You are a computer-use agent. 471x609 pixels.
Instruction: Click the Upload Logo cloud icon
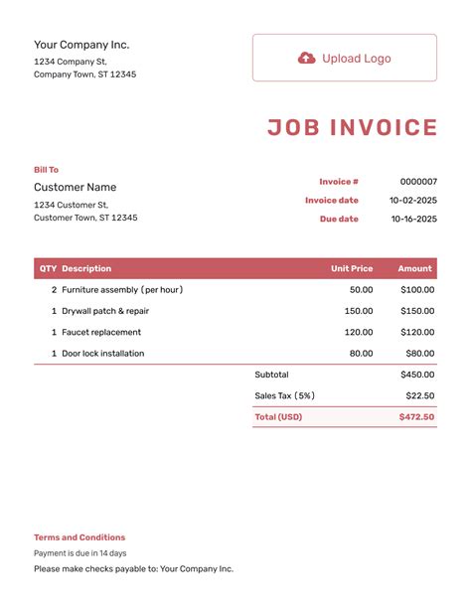pos(306,58)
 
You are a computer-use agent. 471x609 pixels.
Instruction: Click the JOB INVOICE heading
pos(352,128)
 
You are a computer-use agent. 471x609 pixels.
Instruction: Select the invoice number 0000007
pos(418,182)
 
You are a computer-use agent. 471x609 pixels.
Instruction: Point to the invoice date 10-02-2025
pos(412,201)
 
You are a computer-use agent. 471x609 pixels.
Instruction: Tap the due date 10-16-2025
pos(412,219)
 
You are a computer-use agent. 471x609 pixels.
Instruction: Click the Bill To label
pos(46,170)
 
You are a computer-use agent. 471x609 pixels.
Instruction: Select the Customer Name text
pos(75,187)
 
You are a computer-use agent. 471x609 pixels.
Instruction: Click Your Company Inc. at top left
pos(81,45)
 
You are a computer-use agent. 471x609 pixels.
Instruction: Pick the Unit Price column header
pos(352,268)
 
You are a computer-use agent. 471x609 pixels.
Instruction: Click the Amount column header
pos(415,268)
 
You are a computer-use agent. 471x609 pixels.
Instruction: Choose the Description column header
pos(86,268)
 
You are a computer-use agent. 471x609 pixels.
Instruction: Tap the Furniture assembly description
pos(122,290)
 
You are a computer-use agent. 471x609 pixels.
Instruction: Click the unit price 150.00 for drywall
pos(359,311)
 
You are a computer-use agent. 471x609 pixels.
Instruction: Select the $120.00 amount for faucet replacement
pos(417,332)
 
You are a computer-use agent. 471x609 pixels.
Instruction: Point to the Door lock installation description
pos(102,354)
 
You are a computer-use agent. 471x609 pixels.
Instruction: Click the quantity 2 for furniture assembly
pos(54,290)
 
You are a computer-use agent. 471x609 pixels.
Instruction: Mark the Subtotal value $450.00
pos(417,375)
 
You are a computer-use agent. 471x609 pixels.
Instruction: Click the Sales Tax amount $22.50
pos(420,395)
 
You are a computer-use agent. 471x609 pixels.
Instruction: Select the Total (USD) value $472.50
pos(415,417)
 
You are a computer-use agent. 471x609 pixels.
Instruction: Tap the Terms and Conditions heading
pos(79,537)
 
